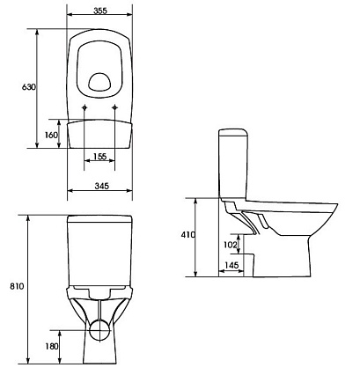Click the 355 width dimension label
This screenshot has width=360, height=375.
[100, 11]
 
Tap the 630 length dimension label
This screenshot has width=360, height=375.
[29, 87]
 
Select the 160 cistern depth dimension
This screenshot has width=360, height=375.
[51, 135]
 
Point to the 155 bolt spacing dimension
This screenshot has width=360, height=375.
[99, 157]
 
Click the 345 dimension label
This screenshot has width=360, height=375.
[102, 186]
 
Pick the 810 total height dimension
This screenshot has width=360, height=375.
[17, 286]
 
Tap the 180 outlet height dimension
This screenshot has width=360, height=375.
[52, 347]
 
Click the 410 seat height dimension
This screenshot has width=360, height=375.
[187, 235]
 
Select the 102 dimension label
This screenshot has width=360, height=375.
[231, 245]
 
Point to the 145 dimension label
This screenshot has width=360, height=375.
[231, 265]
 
